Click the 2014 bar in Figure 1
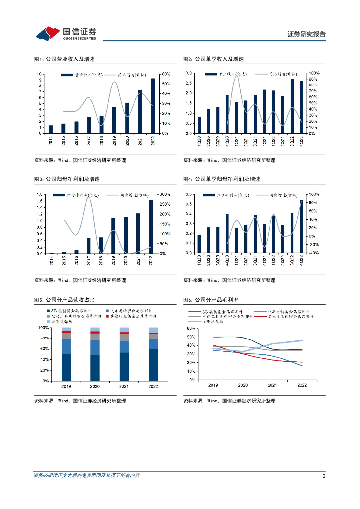51,129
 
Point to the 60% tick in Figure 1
166,74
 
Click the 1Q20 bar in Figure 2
199,125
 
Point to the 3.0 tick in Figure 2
189,73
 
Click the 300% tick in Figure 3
166,194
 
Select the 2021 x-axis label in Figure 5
123,386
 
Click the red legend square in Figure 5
107,316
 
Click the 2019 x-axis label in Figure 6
213,386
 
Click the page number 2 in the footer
324,476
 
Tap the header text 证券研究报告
307,34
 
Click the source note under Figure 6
229,401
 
